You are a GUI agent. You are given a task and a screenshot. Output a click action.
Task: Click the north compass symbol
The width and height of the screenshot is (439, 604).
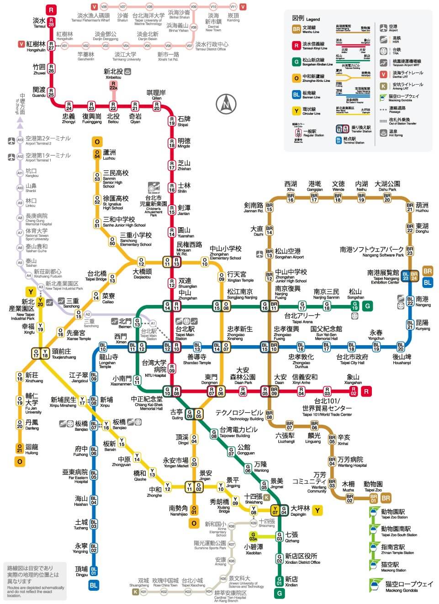(x=226, y=105)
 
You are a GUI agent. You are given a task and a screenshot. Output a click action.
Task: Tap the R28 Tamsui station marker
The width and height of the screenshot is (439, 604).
(x=51, y=22)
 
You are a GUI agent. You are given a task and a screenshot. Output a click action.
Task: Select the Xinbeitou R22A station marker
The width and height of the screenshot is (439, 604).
(x=113, y=86)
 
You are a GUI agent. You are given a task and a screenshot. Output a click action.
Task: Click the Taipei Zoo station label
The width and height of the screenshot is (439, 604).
(x=373, y=486)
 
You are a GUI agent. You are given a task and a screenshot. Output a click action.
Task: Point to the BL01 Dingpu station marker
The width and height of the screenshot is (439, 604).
(x=94, y=570)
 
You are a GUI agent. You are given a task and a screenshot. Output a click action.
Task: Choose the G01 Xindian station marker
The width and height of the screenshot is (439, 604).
(x=279, y=581)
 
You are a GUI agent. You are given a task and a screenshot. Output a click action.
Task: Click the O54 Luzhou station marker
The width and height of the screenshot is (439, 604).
(x=97, y=154)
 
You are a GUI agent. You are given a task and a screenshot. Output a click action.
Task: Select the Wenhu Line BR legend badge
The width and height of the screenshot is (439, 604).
(x=296, y=29)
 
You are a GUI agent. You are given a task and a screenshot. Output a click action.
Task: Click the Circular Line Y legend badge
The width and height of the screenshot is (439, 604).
(x=296, y=111)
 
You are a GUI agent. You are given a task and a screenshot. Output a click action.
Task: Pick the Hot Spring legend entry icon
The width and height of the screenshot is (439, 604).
(x=383, y=133)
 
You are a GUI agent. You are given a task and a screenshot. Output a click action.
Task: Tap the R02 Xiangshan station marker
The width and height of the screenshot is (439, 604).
(x=353, y=390)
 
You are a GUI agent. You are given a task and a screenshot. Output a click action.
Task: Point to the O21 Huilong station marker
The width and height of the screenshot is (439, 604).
(x=20, y=448)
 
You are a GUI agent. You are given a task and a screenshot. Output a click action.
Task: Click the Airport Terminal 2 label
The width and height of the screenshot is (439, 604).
(x=48, y=140)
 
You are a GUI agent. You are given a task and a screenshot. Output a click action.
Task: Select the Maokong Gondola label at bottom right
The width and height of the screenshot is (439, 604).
(x=408, y=586)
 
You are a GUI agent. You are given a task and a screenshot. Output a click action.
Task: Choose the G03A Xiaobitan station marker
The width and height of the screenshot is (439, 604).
(x=253, y=536)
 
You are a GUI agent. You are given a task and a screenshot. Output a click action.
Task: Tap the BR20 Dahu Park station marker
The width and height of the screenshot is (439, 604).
(x=387, y=198)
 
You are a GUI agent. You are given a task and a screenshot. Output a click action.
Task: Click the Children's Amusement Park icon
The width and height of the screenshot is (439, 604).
(x=153, y=188)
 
